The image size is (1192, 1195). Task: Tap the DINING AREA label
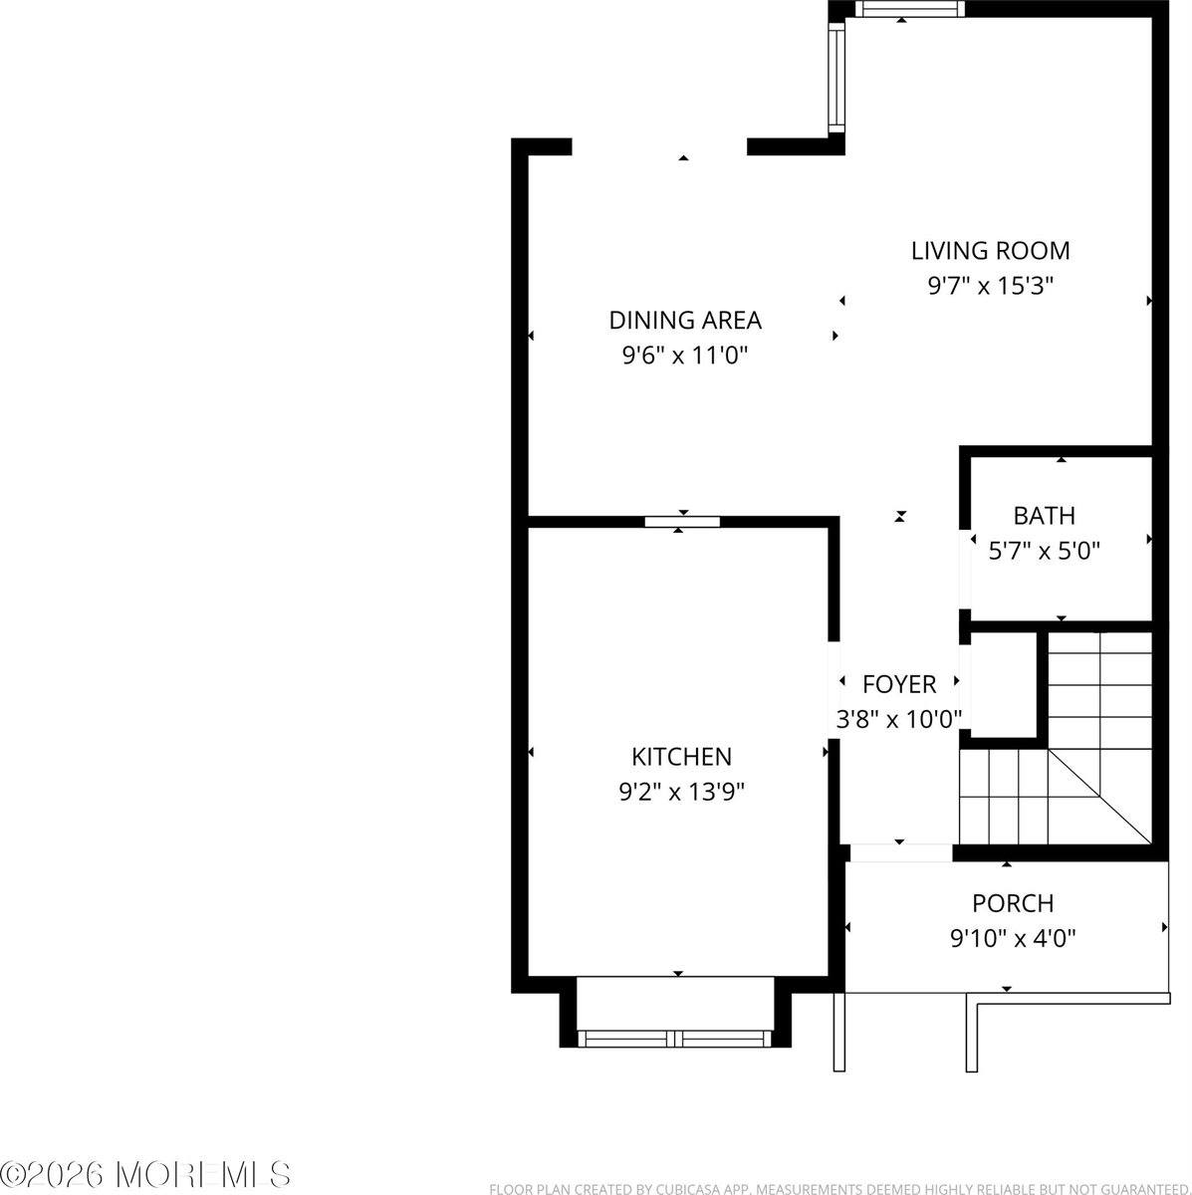coord(685,320)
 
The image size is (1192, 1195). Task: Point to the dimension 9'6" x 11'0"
coord(685,355)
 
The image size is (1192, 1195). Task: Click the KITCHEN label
coord(682,757)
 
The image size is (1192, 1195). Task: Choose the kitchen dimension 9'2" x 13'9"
coord(682,792)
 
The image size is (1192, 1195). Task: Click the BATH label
coord(1044,516)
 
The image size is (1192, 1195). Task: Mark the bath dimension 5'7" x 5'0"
coord(1044,550)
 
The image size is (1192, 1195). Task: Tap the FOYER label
coord(899,684)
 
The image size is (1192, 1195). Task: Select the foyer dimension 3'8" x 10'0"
coord(899,718)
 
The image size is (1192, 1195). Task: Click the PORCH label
coord(1013,903)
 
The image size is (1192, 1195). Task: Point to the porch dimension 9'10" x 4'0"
coord(1013,937)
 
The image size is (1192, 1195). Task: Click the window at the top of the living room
coord(910,9)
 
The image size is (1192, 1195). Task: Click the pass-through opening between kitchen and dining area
coord(682,521)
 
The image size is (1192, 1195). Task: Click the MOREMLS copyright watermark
coord(146,1174)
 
